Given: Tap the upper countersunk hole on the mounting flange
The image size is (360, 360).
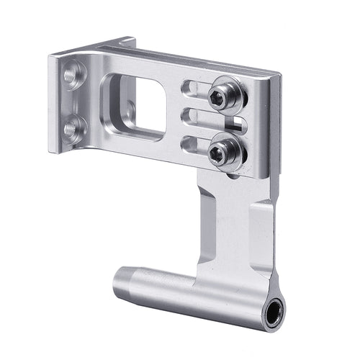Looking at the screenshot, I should (73, 73).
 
